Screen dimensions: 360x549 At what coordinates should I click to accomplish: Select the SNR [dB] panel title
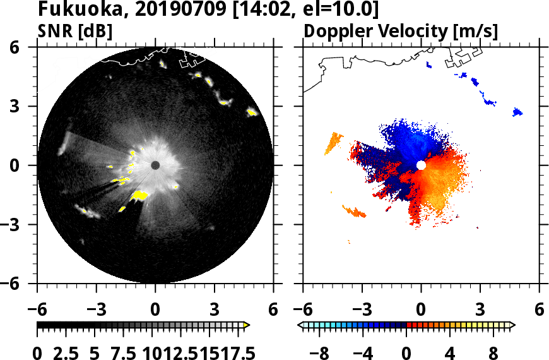75,31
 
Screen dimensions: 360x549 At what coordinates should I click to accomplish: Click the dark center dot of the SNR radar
155,165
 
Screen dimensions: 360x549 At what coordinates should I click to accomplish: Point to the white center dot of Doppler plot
421,165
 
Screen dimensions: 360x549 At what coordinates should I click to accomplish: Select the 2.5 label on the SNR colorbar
74,352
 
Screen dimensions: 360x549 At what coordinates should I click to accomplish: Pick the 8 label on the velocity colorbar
493,352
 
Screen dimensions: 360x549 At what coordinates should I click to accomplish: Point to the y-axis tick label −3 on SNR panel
18,224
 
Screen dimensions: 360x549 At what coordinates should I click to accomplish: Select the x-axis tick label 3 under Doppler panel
480,311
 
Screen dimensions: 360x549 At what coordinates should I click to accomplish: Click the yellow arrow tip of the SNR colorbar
247,325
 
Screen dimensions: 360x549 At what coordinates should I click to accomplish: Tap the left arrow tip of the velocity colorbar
300,325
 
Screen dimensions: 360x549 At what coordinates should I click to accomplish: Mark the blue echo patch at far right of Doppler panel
517,112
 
